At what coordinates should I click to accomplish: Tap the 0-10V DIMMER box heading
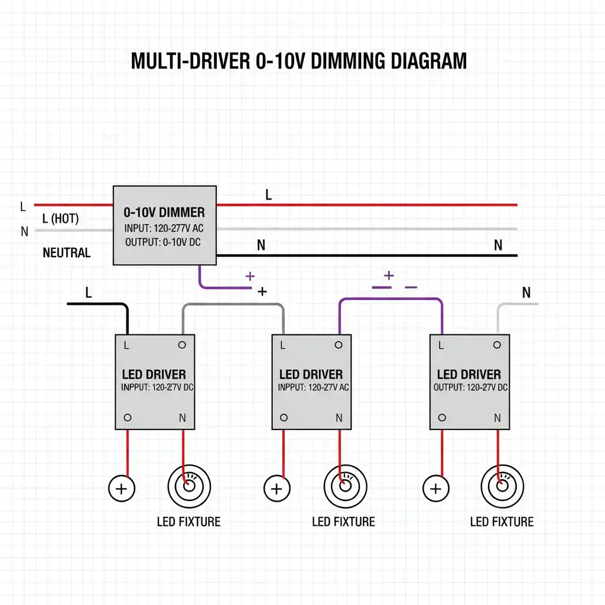(x=164, y=212)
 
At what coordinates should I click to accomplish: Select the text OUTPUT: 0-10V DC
(x=163, y=242)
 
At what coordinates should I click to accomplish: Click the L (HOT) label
(x=61, y=219)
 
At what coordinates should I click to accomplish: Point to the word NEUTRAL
(x=66, y=253)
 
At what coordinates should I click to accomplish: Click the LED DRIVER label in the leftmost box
(x=154, y=374)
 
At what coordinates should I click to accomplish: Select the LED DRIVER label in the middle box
(x=311, y=374)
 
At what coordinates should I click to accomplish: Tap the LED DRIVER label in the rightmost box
(x=469, y=374)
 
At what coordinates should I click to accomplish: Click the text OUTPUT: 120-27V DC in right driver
(x=470, y=388)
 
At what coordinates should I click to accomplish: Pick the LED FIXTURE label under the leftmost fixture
(x=188, y=522)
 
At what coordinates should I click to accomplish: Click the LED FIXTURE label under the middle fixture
(x=343, y=522)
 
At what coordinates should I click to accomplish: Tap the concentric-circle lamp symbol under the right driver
(x=502, y=486)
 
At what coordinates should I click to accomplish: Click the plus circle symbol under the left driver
(x=122, y=489)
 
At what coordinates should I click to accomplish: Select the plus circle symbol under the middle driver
(x=277, y=489)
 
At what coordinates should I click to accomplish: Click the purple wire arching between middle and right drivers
(x=391, y=298)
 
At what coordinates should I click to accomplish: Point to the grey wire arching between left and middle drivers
(x=233, y=304)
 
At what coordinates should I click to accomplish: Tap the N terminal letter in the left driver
(x=183, y=418)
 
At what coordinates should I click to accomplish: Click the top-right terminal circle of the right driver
(x=497, y=345)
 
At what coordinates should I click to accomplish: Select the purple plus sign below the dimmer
(x=250, y=277)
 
